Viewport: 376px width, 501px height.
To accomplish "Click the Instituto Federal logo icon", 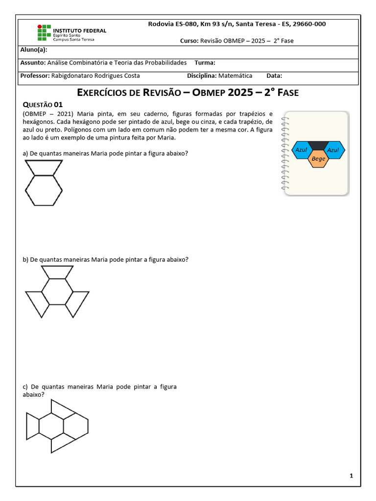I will tap(44, 32).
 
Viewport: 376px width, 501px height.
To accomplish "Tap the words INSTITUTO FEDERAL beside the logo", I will tap(79, 30).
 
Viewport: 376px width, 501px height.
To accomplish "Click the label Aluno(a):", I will tap(34, 49).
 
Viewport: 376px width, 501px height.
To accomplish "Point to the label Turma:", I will tap(205, 63).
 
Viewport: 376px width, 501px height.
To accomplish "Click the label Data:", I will tap(274, 76).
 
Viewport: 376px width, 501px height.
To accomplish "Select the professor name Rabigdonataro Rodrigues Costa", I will tap(95, 76).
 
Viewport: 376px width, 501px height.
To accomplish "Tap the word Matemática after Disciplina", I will tap(235, 76).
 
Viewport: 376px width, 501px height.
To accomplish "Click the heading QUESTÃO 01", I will tap(43, 104).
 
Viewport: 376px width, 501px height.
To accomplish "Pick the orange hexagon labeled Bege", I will tap(318, 159).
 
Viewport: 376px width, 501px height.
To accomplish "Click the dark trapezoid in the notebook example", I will tap(318, 145).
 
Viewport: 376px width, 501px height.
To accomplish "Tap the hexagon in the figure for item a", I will tap(44, 190).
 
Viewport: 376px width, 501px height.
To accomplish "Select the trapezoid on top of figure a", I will tap(44, 167).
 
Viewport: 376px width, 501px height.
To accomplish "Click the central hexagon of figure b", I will tap(57, 292).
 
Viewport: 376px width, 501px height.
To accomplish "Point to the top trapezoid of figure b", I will tap(57, 272).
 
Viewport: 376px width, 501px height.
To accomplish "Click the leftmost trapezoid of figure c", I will tap(32, 425).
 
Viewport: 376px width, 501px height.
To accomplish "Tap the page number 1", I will tap(352, 476).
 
